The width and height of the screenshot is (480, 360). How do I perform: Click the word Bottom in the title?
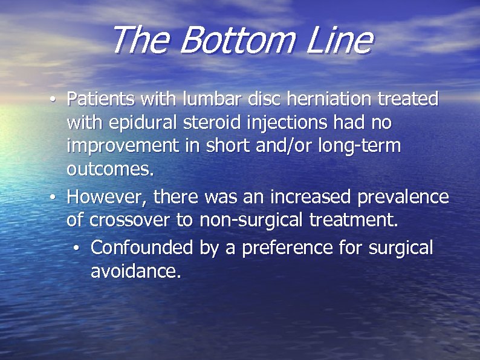pos(236,41)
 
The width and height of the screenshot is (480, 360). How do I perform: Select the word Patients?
pos(101,99)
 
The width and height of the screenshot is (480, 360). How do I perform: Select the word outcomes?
pos(111,170)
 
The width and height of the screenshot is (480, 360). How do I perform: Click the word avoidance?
pos(135,272)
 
